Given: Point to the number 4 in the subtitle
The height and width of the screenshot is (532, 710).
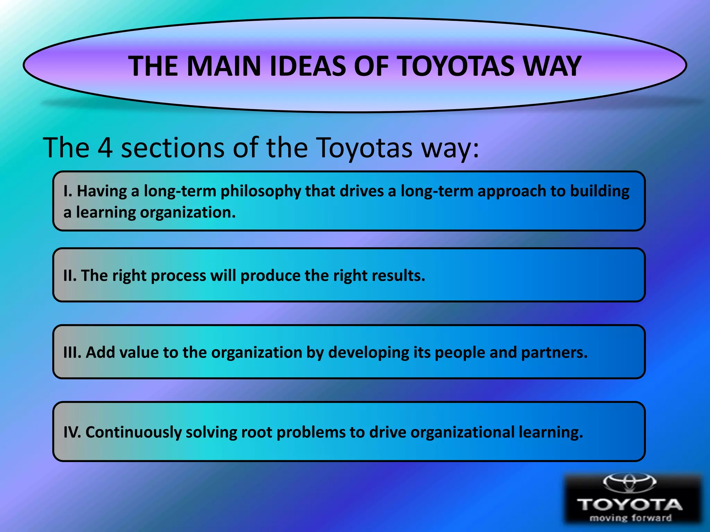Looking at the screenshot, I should [x=105, y=148].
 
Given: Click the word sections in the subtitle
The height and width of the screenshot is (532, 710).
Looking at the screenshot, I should [x=172, y=148].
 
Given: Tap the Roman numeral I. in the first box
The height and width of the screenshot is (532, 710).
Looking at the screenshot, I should [x=68, y=191].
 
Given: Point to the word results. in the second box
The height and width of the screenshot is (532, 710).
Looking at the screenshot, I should [x=398, y=276].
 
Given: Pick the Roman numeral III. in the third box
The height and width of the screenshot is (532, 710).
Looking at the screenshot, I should [x=72, y=353].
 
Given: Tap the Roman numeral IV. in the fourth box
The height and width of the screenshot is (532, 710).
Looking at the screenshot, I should [x=72, y=432].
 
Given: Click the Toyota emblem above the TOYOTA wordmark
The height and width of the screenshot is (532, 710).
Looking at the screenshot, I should [x=630, y=482].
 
